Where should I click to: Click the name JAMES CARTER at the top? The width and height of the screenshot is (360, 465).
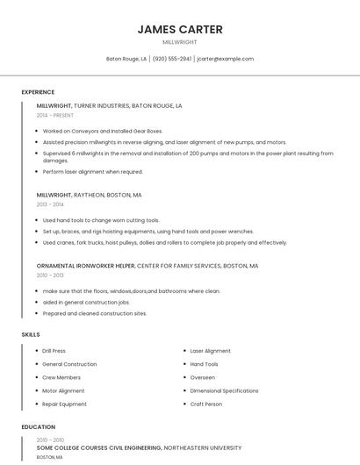pyautogui.click(x=180, y=29)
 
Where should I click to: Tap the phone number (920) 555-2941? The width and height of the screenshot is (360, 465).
pyautogui.click(x=171, y=59)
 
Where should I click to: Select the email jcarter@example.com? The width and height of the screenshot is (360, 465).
pyautogui.click(x=226, y=59)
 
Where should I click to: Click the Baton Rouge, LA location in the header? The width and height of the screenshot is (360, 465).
pyautogui.click(x=126, y=59)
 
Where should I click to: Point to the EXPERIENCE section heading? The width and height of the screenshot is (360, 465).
pyautogui.click(x=38, y=92)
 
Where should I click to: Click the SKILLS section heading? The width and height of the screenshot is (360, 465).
pyautogui.click(x=31, y=334)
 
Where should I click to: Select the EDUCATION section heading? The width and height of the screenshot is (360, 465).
pyautogui.click(x=38, y=427)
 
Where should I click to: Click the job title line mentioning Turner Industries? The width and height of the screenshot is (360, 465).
pyautogui.click(x=109, y=105)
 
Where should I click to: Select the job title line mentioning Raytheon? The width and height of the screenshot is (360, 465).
pyautogui.click(x=89, y=195)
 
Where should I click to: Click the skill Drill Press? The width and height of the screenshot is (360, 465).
pyautogui.click(x=54, y=351)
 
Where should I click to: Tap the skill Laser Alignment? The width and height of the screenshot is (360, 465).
pyautogui.click(x=211, y=351)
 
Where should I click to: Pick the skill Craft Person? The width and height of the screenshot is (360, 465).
pyautogui.click(x=206, y=404)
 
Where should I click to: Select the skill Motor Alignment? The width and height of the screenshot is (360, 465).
pyautogui.click(x=63, y=390)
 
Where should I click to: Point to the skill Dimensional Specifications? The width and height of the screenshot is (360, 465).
pyautogui.click(x=224, y=390)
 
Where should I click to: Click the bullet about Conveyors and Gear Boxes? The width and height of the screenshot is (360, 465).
pyautogui.click(x=103, y=131)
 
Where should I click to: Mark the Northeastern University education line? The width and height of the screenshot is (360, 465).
pyautogui.click(x=139, y=447)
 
